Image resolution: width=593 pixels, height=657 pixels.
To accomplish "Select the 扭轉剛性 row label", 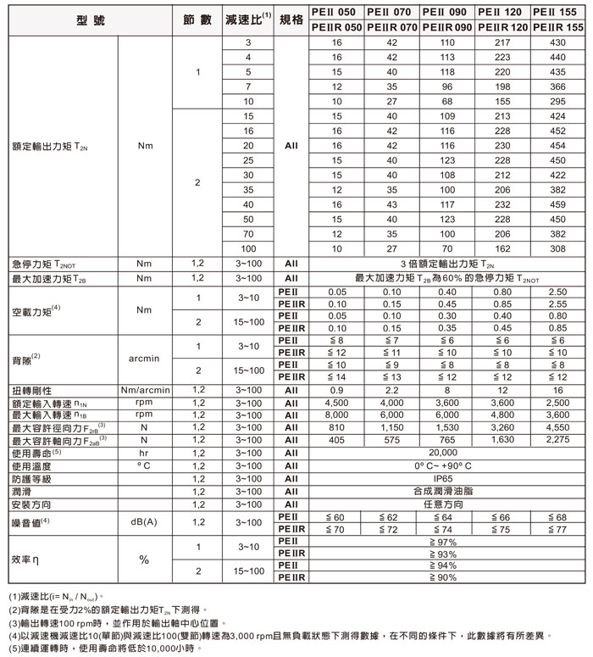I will click(34, 391).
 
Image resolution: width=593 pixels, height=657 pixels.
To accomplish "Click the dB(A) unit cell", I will click(143, 522).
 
